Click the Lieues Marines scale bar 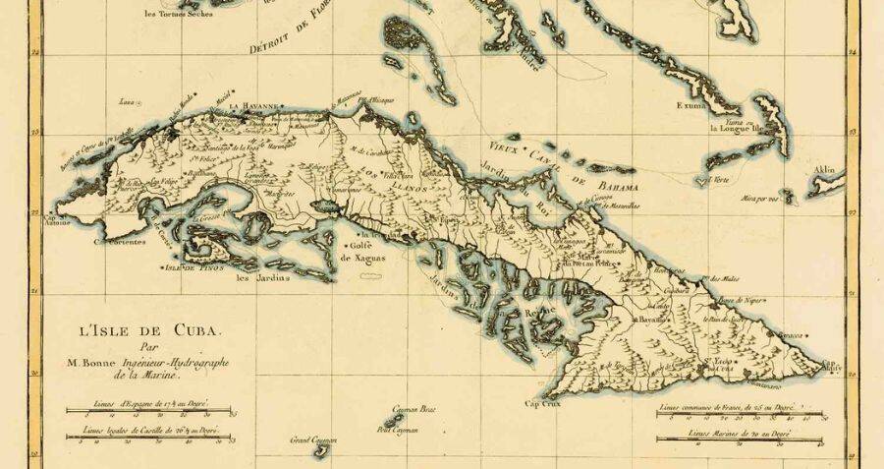click(740, 441)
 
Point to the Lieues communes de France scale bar click(740, 412)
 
